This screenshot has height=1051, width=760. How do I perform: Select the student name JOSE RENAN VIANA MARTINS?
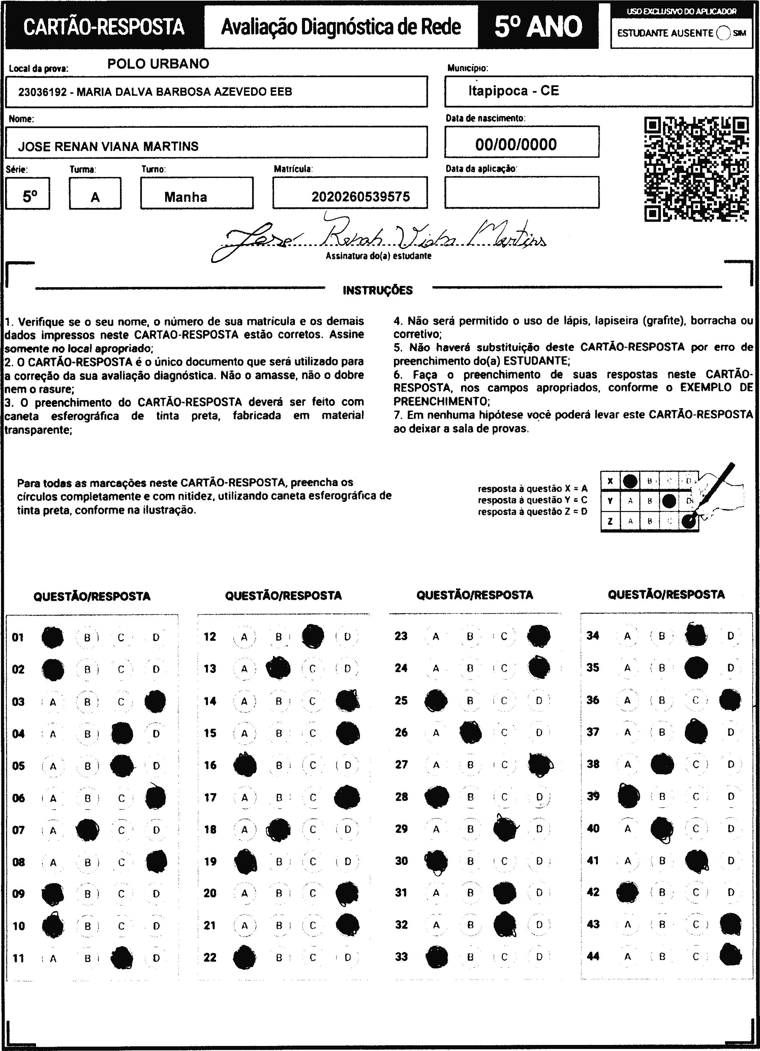[108, 146]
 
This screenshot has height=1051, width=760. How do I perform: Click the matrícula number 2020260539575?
[361, 197]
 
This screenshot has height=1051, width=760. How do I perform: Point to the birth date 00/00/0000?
[516, 145]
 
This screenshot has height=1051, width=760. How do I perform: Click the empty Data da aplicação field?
[522, 192]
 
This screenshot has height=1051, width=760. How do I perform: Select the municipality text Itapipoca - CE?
[514, 91]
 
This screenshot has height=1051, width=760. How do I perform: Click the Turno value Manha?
[186, 197]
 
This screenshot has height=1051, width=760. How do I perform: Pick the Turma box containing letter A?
[95, 197]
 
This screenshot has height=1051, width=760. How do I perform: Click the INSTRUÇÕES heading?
[378, 291]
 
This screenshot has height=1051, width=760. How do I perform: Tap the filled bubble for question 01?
[52, 637]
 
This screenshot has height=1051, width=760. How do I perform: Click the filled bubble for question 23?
[539, 636]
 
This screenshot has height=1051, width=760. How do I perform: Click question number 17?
[210, 798]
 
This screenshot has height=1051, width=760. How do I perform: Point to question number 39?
[593, 796]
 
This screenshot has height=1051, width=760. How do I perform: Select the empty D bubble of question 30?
[539, 861]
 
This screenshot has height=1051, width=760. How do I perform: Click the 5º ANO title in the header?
[538, 26]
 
